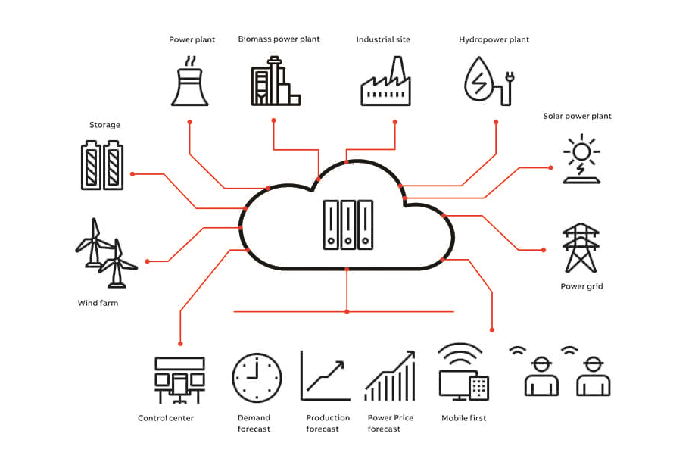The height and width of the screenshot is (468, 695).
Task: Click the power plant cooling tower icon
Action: [x=189, y=86]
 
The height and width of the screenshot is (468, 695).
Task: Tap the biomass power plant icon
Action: [x=274, y=83]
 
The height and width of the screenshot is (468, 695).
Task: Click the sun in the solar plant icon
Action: [x=581, y=150]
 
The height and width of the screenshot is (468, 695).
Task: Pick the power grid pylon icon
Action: [x=581, y=248]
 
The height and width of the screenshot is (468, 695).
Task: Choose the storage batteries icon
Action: [x=102, y=166]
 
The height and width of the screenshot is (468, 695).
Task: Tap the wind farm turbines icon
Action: [x=104, y=254]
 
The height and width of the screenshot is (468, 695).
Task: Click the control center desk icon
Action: [x=179, y=379]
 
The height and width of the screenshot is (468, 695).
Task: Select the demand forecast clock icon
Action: [x=257, y=377]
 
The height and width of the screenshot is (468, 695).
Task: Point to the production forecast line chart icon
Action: [x=326, y=376]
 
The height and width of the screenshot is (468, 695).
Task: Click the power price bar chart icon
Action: [x=390, y=376]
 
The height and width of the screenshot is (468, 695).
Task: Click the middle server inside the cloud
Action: [x=347, y=224]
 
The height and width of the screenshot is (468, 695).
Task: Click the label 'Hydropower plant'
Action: [x=494, y=39]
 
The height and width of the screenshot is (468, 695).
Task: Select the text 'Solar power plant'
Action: [x=577, y=117]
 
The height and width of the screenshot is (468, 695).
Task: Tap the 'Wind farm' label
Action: [x=98, y=303]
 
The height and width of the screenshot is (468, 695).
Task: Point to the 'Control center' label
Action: [x=166, y=418]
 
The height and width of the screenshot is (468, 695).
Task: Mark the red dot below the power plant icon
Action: [x=189, y=122]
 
